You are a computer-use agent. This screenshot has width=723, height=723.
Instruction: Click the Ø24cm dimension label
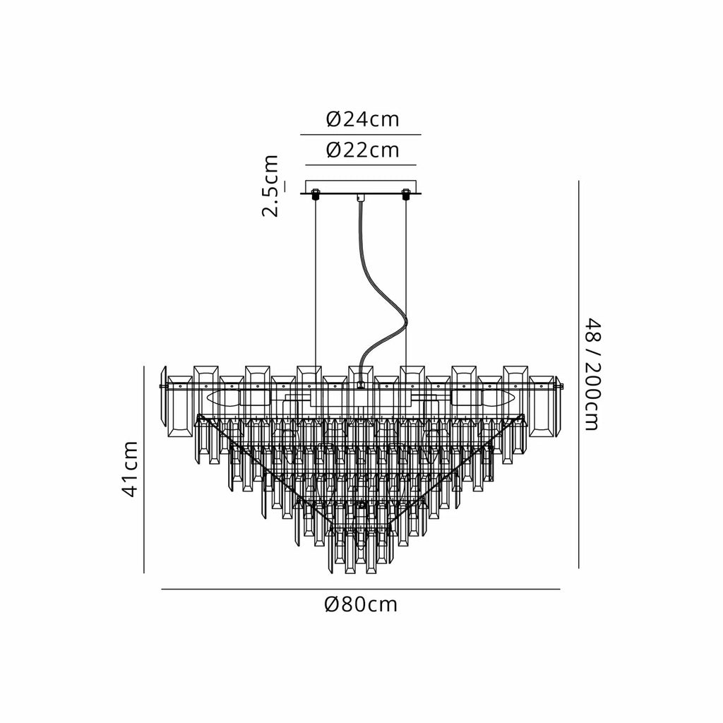click(x=362, y=119)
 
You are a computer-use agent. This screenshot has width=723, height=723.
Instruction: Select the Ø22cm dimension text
click(x=362, y=150)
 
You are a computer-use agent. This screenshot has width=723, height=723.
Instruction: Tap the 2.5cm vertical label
click(x=270, y=186)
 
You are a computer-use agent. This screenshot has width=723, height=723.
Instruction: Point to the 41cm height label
click(x=130, y=469)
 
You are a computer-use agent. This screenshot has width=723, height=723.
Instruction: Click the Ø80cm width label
click(x=361, y=604)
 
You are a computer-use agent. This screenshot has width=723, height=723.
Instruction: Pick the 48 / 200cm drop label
click(x=592, y=374)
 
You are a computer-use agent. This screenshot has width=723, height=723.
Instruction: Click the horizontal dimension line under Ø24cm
click(x=361, y=135)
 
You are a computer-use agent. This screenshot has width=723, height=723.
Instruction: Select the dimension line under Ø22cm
click(x=361, y=165)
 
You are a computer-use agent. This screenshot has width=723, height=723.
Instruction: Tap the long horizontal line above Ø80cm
click(x=361, y=589)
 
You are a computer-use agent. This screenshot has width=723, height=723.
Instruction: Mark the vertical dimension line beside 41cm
click(x=144, y=470)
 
